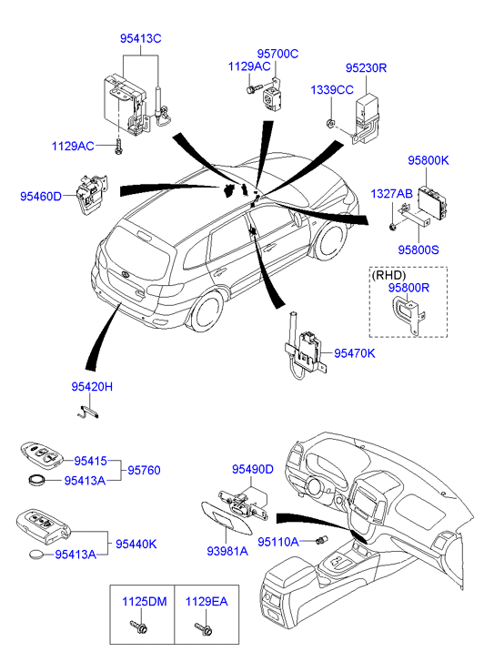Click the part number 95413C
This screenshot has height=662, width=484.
pos(140,38)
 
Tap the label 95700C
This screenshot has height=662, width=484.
pos(277,54)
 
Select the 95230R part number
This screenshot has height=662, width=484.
pos(366,68)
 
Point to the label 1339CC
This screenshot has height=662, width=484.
pos(332,90)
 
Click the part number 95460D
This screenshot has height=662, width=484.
pos(41,197)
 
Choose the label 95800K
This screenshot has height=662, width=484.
pos(428,160)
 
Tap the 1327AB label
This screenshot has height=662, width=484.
pos(391,194)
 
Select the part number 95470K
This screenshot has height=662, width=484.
pos(354,353)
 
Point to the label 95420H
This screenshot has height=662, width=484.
pos(92,387)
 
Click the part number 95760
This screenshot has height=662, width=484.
pos(144,471)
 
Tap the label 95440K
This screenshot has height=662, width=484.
pos(136,545)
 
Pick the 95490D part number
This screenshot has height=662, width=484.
pos(252,469)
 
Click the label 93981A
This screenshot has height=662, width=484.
pos(227,551)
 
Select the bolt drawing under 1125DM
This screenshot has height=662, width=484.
pos(139,627)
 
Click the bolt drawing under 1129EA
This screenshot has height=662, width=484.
pos(204,627)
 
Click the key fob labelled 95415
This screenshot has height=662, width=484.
pos(41,454)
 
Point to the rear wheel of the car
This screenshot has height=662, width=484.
pos(206,311)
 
